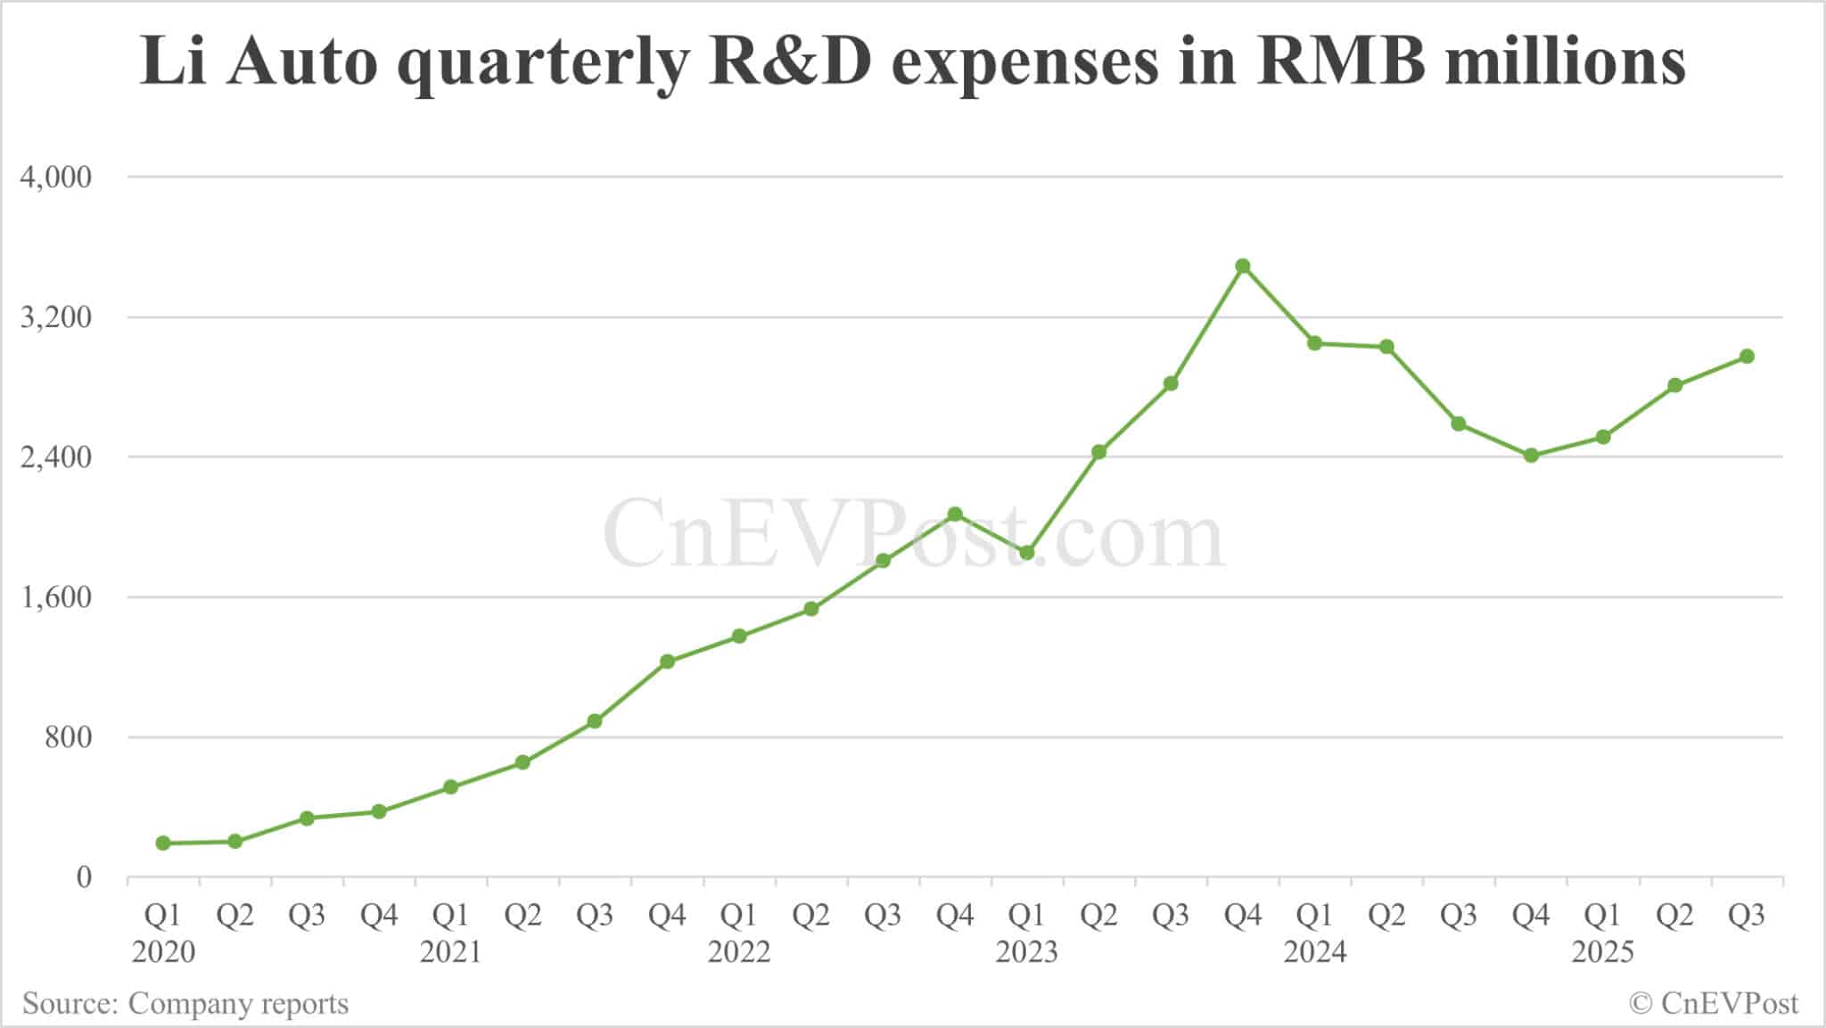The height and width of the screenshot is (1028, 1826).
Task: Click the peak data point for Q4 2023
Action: (x=1243, y=266)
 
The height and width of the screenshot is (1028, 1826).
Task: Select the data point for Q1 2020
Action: (x=163, y=843)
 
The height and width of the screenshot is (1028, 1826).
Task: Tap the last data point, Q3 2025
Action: (x=1747, y=357)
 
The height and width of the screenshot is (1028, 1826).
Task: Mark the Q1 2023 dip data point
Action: (x=1026, y=553)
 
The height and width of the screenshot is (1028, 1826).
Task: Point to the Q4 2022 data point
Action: (x=955, y=514)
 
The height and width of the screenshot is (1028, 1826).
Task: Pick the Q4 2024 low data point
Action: (x=1531, y=456)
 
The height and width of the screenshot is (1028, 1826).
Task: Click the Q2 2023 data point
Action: (x=1098, y=452)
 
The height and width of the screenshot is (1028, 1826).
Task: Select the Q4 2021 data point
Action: (x=667, y=662)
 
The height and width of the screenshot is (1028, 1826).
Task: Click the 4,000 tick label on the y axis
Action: (x=56, y=177)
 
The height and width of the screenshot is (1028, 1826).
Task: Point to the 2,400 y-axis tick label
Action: (x=56, y=457)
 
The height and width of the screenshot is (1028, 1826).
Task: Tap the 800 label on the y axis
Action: (x=69, y=737)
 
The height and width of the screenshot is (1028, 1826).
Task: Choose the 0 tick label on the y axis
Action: (x=84, y=877)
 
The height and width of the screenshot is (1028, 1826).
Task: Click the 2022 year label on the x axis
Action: (x=738, y=952)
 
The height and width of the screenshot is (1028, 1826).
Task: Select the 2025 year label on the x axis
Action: (x=1602, y=952)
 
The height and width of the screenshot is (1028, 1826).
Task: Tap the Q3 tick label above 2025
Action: (x=1747, y=916)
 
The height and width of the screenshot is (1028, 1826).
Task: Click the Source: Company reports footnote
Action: (x=185, y=1004)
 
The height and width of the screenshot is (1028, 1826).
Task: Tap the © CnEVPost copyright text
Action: (x=1714, y=1004)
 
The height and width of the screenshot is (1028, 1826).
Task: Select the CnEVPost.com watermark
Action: (x=913, y=535)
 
